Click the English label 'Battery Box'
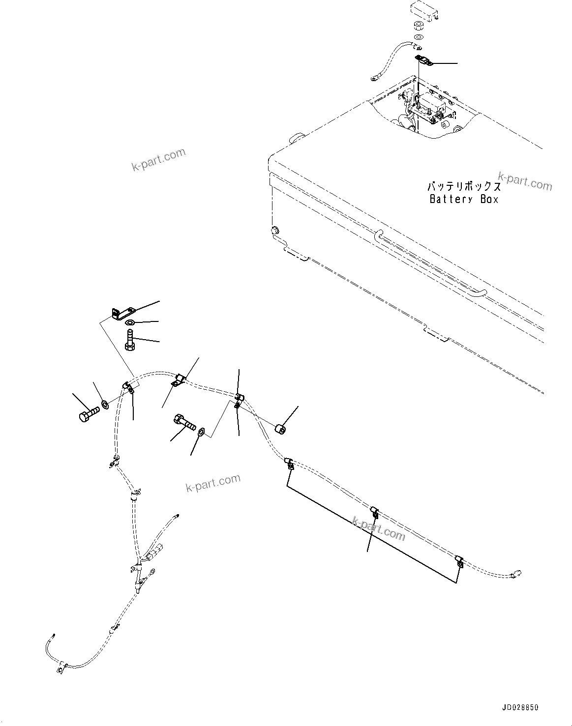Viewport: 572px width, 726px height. (464, 199)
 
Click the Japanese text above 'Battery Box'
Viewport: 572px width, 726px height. (464, 187)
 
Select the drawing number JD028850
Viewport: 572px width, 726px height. (520, 708)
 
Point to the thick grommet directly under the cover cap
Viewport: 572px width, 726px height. (420, 27)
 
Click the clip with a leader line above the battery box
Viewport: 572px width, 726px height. (422, 60)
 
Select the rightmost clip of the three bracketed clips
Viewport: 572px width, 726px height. (459, 561)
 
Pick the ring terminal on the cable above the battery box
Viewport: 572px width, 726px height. (375, 77)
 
